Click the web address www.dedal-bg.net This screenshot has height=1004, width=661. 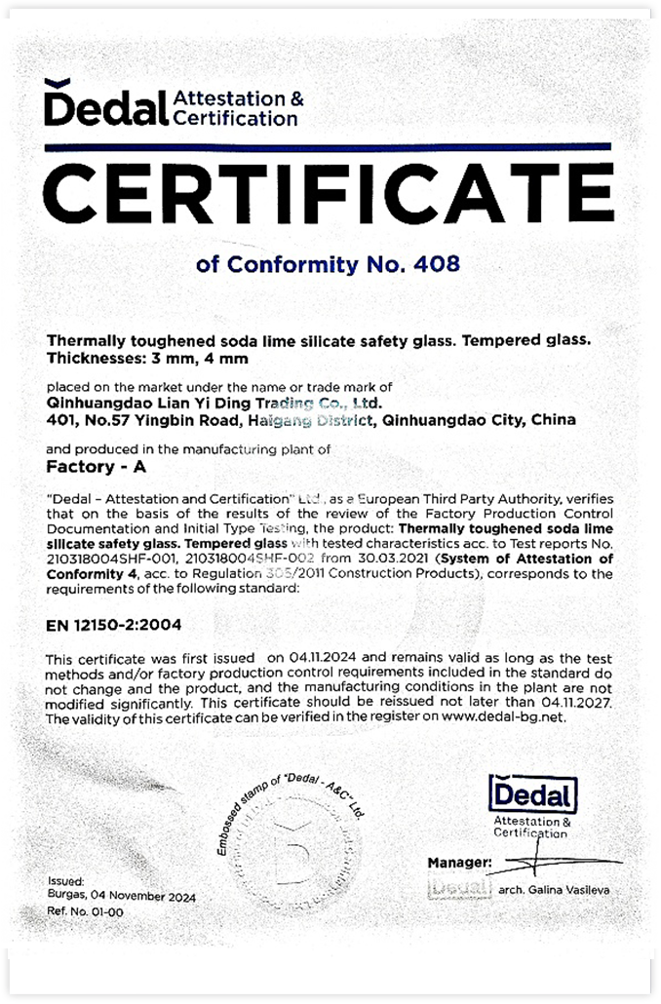[x=504, y=716]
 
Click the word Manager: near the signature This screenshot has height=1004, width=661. [x=459, y=864]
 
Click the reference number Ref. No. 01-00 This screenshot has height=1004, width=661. [x=85, y=911]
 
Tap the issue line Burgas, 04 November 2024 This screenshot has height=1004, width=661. [x=121, y=896]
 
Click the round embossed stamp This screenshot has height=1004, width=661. [x=292, y=836]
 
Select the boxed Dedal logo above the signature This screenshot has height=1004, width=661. [x=532, y=794]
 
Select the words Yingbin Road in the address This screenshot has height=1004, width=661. [x=165, y=421]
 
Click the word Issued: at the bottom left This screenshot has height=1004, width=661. [x=65, y=880]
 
